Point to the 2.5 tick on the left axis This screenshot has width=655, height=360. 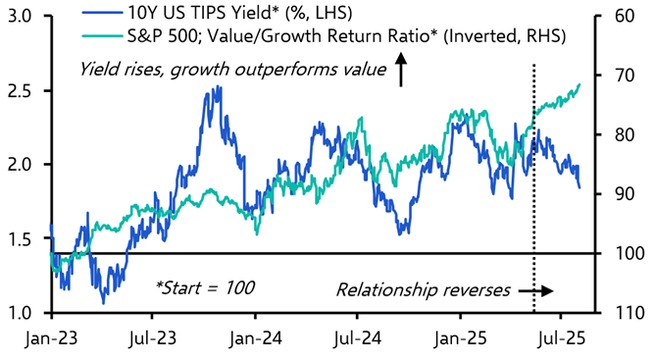19,90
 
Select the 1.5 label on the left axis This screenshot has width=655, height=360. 19,238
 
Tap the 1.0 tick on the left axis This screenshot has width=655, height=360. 19,312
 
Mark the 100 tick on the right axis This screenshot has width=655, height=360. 630,253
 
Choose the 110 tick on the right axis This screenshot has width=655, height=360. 630,312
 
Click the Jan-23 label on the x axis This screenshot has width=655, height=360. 51,338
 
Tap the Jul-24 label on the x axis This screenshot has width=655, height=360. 357,338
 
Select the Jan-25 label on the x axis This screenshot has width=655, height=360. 459,338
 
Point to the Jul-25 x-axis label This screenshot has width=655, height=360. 560,338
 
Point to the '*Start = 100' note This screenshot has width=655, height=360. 205,287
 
